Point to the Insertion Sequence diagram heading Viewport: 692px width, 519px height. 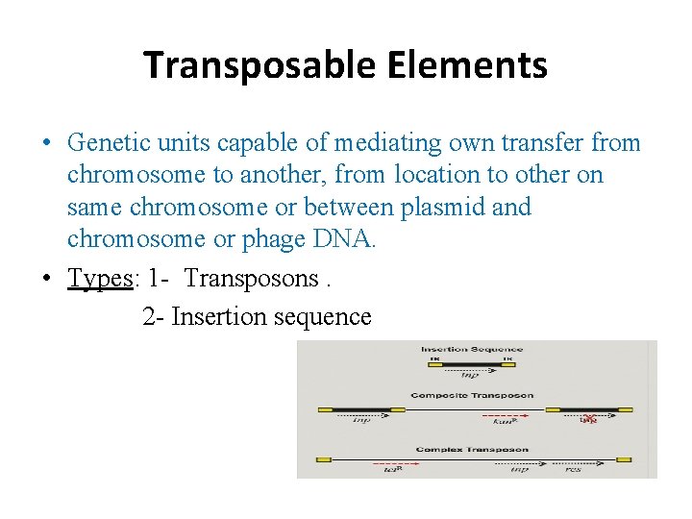[x=471, y=350]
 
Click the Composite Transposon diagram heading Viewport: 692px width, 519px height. [x=471, y=395]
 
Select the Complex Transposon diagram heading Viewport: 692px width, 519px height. [x=472, y=449]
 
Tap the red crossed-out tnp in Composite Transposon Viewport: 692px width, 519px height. [x=589, y=419]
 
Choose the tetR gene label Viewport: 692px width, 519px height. [x=391, y=470]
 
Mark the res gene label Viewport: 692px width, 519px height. [x=573, y=469]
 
